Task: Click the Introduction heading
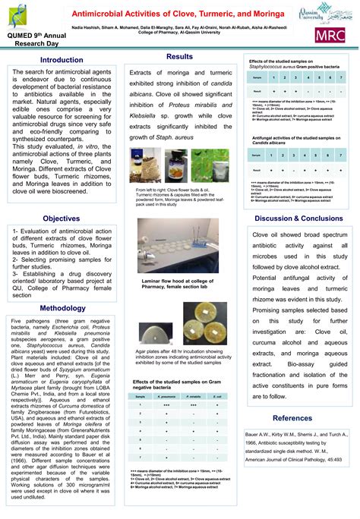(x=62, y=59)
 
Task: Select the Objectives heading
(x=62, y=218)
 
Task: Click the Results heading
(x=179, y=57)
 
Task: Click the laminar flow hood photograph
(x=178, y=247)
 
